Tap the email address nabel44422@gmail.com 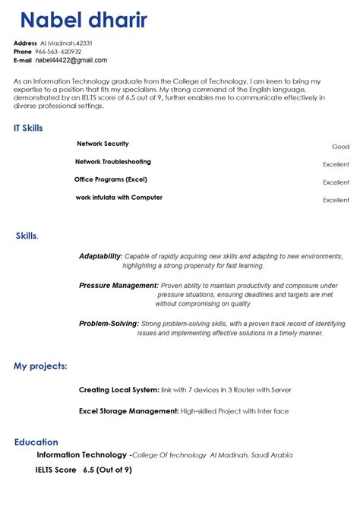tap(71, 60)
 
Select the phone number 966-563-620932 tap(63, 52)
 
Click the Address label tap(25, 43)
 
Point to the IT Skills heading tap(28, 128)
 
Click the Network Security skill tap(103, 144)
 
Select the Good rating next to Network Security tap(340, 147)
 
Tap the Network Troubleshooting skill tap(113, 162)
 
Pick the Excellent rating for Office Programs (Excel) tap(336, 182)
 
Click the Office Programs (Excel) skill tap(111, 179)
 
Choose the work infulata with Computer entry tap(118, 198)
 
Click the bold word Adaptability tap(99, 256)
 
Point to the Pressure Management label tap(118, 285)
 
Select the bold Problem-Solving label tap(109, 323)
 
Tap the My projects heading tap(40, 366)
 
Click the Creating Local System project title tap(119, 390)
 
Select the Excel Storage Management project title tap(128, 411)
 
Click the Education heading tap(36, 442)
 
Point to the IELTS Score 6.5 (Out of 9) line tap(84, 470)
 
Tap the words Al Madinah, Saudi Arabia tap(251, 455)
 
